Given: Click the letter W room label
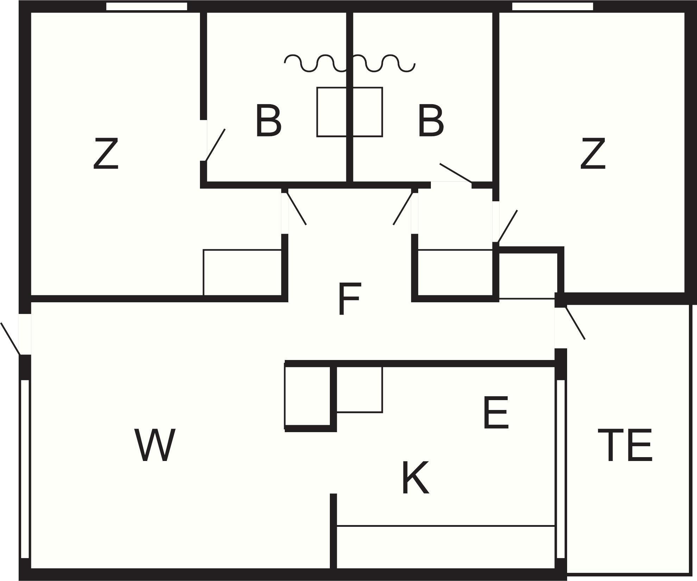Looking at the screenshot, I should point(155,445).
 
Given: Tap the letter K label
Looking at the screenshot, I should point(415,478).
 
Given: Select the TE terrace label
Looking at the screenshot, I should point(625,445).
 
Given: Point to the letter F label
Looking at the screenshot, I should point(349,299).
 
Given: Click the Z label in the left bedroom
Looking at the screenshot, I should point(106,153).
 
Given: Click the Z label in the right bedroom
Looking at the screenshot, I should point(593,153).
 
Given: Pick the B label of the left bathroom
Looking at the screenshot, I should point(268,120).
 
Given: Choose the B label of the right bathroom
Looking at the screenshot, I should point(431,120).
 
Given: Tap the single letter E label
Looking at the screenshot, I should point(496,413).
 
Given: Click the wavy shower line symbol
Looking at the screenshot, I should point(350,64).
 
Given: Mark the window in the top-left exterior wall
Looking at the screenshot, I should point(146,6).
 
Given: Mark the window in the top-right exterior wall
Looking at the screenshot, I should point(552,6).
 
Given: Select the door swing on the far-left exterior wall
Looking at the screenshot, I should point(11,339).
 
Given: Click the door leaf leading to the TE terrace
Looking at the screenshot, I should point(575,323).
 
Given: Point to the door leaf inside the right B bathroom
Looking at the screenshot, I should point(456,173).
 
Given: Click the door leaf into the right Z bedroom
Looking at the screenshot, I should point(507,226).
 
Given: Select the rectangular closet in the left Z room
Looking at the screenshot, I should point(243,272).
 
